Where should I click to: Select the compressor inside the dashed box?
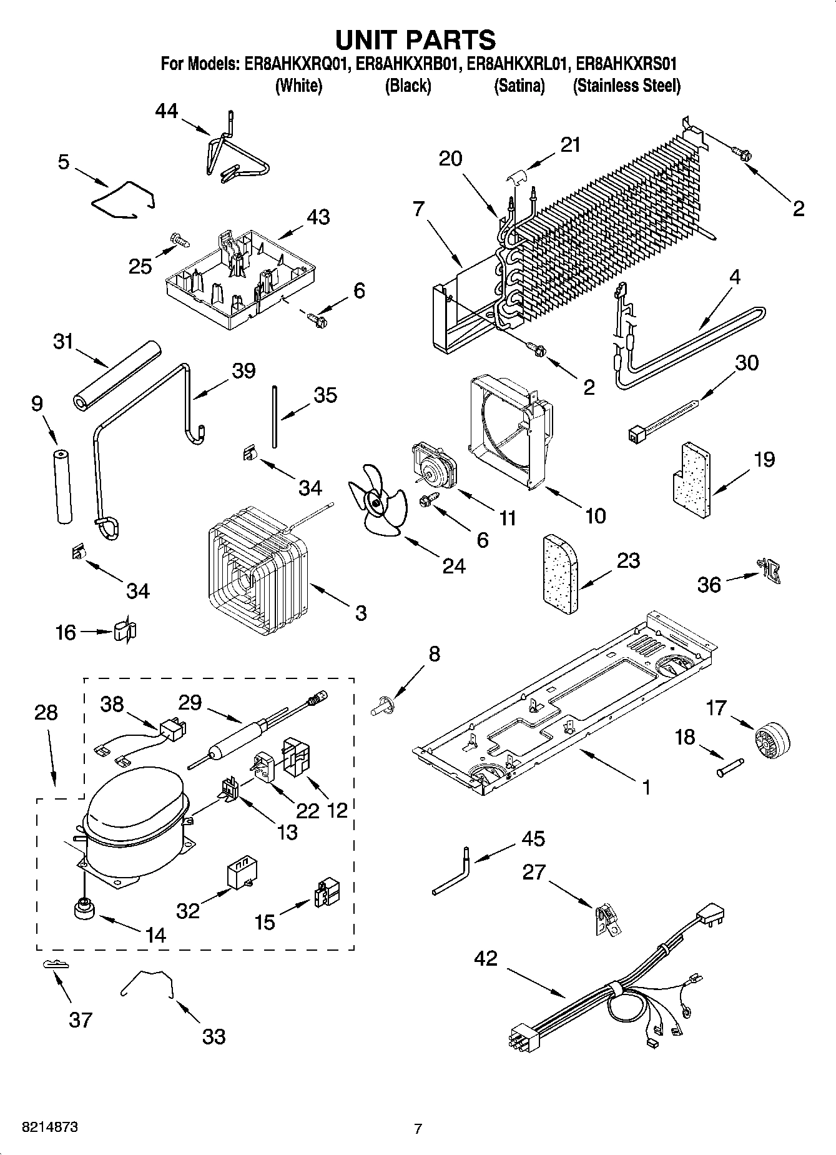(133, 828)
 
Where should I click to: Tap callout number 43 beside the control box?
(318, 217)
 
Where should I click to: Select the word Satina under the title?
(519, 86)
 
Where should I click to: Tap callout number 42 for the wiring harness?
(486, 958)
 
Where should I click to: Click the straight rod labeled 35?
(273, 416)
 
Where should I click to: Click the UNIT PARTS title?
(416, 39)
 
